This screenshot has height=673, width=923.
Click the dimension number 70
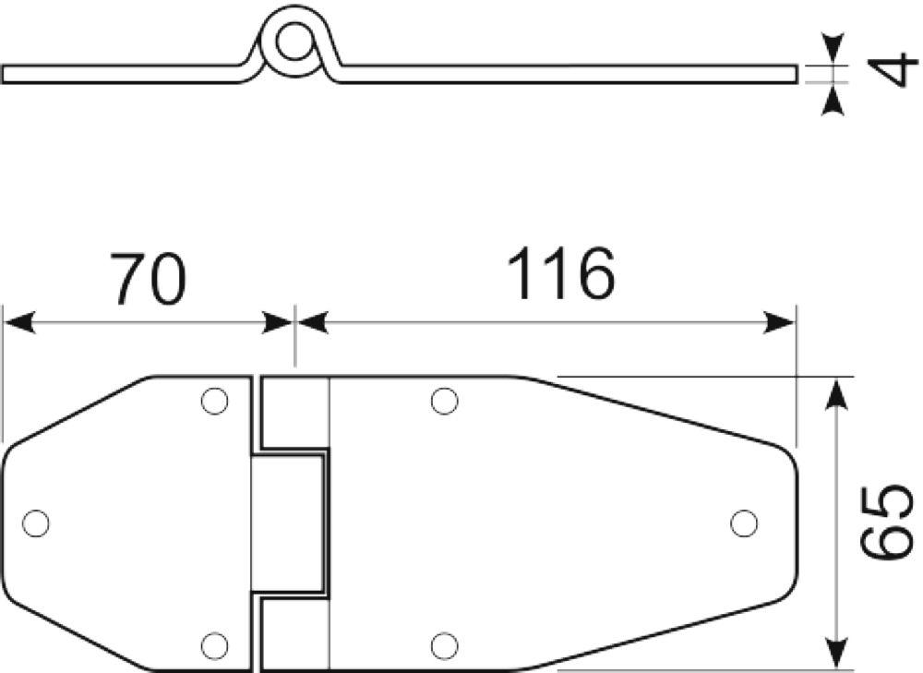coord(149,279)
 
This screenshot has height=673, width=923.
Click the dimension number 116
coord(560,273)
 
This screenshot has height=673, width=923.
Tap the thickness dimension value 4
coord(892,69)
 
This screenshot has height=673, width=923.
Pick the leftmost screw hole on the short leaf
coord(35,523)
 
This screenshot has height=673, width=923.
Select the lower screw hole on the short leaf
coord(214,645)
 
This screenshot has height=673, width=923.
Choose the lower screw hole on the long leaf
coord(444,645)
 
